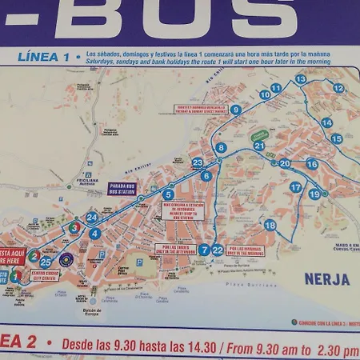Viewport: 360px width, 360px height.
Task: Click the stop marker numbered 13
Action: (301, 79)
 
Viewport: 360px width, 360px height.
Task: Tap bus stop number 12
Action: (338, 88)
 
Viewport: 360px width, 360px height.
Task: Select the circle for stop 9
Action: (236, 110)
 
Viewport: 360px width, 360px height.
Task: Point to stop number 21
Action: (258, 146)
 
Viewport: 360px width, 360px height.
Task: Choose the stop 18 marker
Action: (270, 225)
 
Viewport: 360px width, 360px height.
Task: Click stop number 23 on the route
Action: (198, 163)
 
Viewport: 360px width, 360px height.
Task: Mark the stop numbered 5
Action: (168, 194)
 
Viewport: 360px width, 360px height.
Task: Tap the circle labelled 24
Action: (92, 217)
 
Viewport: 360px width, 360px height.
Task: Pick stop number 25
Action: (46, 262)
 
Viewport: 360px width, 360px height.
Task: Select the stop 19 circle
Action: (314, 194)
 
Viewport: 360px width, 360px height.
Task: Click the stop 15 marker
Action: (337, 138)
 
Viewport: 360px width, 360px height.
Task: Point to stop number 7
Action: (205, 250)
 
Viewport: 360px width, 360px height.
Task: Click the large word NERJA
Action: (326, 279)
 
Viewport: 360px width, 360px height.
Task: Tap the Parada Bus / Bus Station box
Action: (122, 189)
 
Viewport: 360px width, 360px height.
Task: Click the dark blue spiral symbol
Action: (66, 259)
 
